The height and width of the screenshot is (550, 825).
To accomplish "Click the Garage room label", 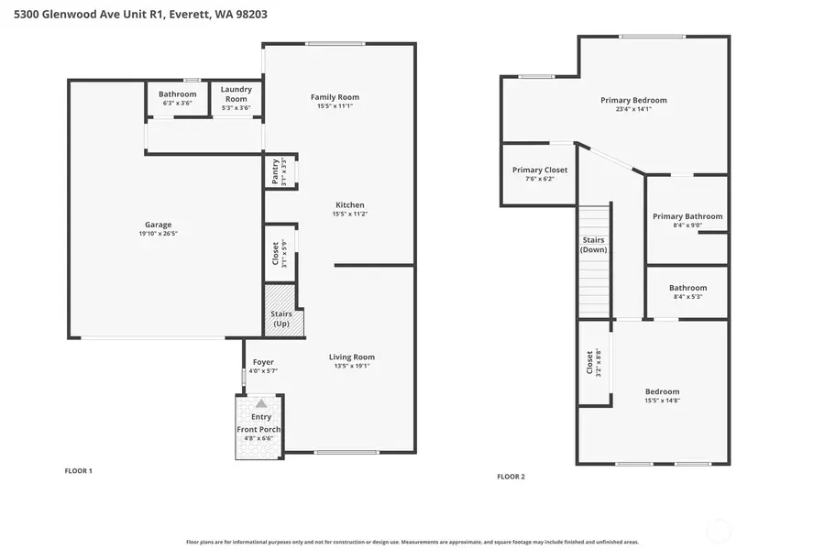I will point(158,225).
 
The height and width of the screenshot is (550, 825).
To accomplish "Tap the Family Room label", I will point(335,96).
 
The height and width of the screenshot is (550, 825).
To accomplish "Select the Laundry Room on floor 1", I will point(236,99).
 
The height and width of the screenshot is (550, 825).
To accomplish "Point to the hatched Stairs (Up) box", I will point(280,310).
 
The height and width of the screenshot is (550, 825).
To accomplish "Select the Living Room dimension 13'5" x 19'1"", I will point(352,366).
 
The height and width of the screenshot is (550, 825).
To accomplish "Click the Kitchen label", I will point(350,204).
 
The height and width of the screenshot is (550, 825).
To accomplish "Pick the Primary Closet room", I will point(540,173).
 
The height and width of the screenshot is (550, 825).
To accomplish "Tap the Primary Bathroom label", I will point(687,216).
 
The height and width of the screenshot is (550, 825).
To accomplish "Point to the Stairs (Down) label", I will point(594,245).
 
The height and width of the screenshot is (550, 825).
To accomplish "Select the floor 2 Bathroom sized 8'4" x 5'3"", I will point(687,291).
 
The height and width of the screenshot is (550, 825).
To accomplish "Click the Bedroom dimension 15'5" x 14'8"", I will point(662,400).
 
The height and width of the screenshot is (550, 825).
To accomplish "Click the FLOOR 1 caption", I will point(78,471).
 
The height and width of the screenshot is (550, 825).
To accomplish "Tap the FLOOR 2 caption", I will point(511,477).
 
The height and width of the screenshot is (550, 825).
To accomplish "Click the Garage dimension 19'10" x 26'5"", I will point(158,234).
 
